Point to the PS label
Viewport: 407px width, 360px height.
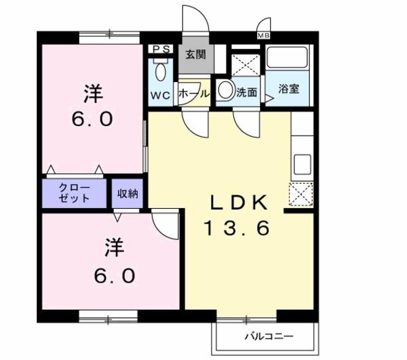(161, 49)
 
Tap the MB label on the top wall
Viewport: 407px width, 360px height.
(263, 35)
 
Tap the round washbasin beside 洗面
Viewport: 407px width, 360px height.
(225, 89)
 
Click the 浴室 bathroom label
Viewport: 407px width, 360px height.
(289, 89)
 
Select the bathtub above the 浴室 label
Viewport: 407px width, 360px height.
(288, 58)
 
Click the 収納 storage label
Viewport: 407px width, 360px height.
(128, 193)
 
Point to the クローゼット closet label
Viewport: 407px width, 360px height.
(74, 193)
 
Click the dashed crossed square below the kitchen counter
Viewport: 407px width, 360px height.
(301, 195)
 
